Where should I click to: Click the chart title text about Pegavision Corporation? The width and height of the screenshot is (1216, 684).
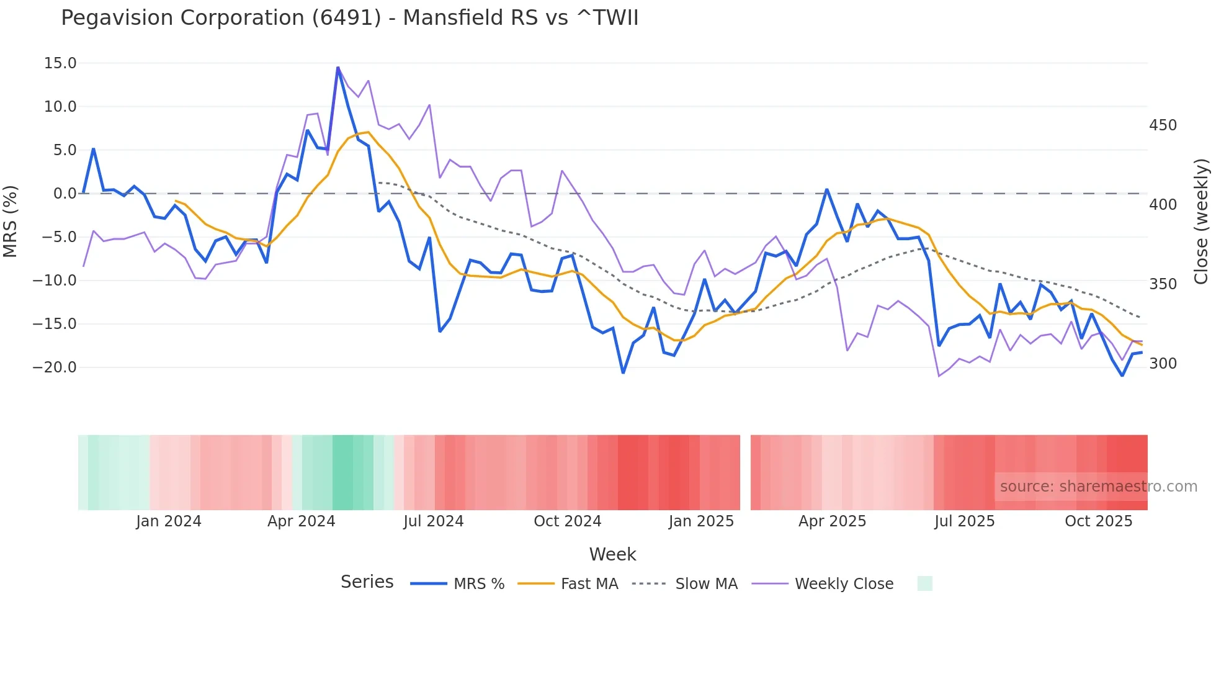[349, 18]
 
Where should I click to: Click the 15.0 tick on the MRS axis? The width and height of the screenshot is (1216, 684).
[60, 63]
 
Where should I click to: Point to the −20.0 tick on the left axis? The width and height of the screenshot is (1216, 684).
[55, 367]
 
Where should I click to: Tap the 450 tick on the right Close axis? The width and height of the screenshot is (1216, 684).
[1163, 125]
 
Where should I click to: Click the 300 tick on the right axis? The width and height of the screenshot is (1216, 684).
[1163, 364]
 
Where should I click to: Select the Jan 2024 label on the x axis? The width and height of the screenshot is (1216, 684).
[169, 521]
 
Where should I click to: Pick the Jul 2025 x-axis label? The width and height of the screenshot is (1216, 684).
[964, 521]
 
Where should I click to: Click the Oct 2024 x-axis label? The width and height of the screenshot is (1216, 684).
[567, 521]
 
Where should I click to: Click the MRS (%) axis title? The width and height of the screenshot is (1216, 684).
[11, 221]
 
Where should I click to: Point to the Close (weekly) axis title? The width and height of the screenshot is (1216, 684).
[1201, 221]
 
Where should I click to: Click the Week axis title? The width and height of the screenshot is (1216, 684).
[612, 554]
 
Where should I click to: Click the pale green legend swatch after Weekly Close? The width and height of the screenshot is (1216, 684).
[924, 583]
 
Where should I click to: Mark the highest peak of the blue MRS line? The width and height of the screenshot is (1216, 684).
[338, 67]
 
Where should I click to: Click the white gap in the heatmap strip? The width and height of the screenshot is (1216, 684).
[745, 472]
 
